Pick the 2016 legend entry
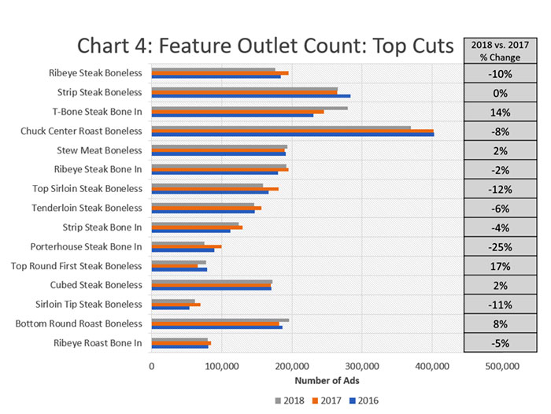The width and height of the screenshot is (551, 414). [x=368, y=401]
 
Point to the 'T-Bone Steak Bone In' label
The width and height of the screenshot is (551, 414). [x=97, y=112]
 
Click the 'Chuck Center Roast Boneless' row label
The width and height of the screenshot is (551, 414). [x=82, y=131]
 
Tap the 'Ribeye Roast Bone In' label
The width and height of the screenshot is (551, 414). [x=98, y=342]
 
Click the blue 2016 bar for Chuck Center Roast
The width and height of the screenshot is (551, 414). [x=292, y=135]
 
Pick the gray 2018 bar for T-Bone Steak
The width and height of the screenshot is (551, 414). [x=249, y=108]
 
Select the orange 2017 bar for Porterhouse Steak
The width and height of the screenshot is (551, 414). [x=186, y=246]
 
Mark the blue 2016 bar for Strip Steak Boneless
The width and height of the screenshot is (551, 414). [x=250, y=96]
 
